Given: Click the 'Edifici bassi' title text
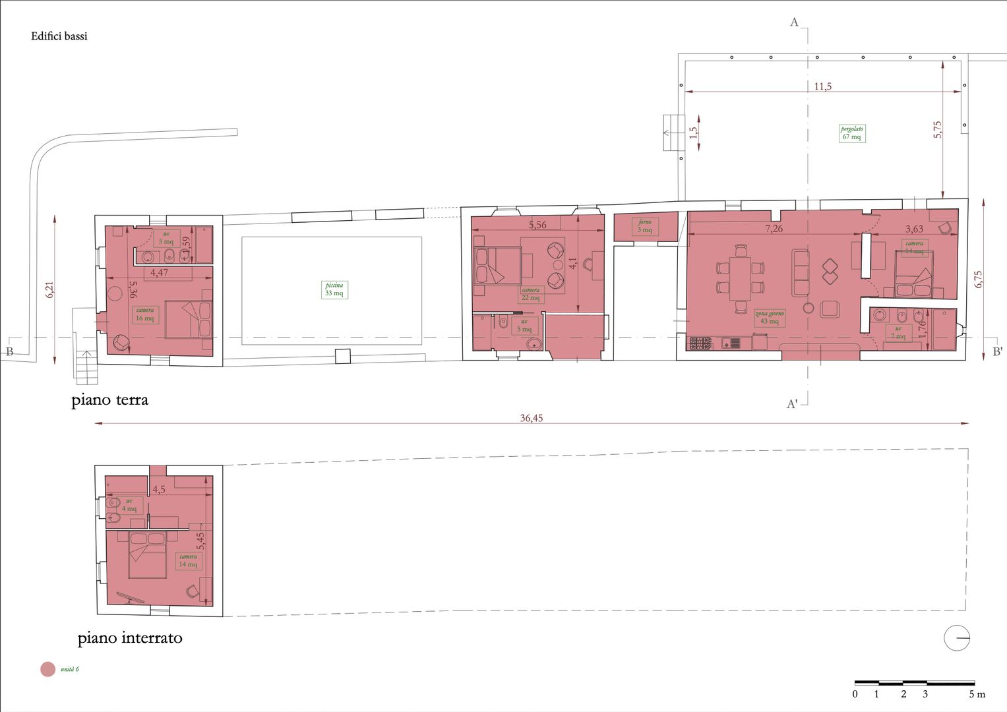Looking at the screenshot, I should point(59,36).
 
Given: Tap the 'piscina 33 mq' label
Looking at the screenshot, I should point(334,289).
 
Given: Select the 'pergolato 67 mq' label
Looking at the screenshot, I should point(851,133).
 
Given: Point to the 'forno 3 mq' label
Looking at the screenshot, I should point(644,226).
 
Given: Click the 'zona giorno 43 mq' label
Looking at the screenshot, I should point(770,318).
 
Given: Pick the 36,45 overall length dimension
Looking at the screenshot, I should point(532,418).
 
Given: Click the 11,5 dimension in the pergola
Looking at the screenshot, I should point(822,86).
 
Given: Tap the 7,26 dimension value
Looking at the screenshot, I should point(774,229).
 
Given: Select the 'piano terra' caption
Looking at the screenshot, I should point(110,400).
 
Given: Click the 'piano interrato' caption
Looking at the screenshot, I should point(130,638).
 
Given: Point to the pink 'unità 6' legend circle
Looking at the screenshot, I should point(47,669).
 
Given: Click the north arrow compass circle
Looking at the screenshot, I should point(957,638).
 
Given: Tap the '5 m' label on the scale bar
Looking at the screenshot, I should point(977,694).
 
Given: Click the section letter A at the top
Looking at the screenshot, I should point(794,22).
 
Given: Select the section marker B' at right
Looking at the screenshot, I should point(997,352).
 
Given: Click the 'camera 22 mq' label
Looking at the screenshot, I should point(531,294).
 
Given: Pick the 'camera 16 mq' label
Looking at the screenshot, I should point(145,314).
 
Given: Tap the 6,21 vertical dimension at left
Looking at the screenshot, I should point(49,290).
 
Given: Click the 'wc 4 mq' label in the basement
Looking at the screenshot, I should point(129,505).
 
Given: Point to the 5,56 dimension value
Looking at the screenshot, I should point(537,225).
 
